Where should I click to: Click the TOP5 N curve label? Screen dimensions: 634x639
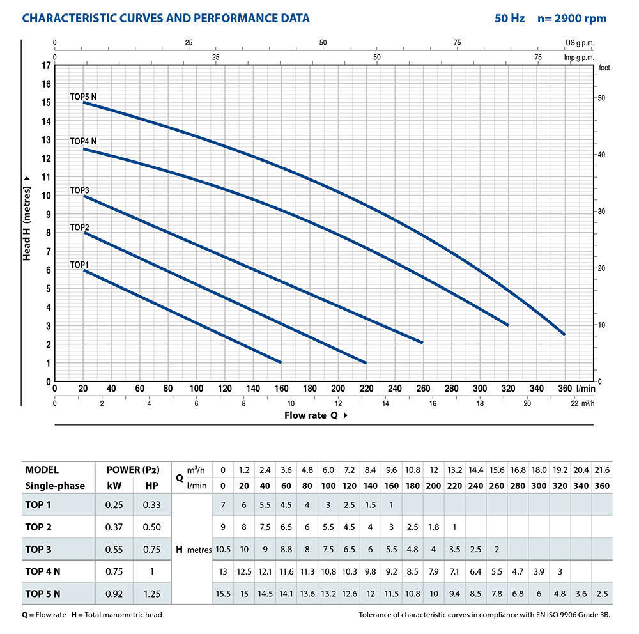pos(83,97)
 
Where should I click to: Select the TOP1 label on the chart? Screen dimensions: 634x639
pos(79,264)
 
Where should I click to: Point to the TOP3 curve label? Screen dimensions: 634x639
pos(79,190)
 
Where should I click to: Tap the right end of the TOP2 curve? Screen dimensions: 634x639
pos(366,363)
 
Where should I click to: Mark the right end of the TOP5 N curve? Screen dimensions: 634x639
pos(564,334)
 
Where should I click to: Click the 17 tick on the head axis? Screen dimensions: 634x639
pos(45,65)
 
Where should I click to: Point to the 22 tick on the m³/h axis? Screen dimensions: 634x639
pos(574,403)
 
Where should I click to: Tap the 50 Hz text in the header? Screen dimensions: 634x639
pos(509,19)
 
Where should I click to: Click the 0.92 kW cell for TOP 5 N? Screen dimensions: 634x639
pos(114,592)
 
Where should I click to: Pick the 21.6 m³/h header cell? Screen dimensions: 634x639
pos(601,470)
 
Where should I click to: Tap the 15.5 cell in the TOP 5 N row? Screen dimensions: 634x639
pos(222,592)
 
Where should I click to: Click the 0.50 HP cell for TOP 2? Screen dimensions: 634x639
pos(152,527)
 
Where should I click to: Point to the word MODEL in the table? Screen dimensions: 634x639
pos(42,470)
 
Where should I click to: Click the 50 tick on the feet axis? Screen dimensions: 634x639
pos(601,98)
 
